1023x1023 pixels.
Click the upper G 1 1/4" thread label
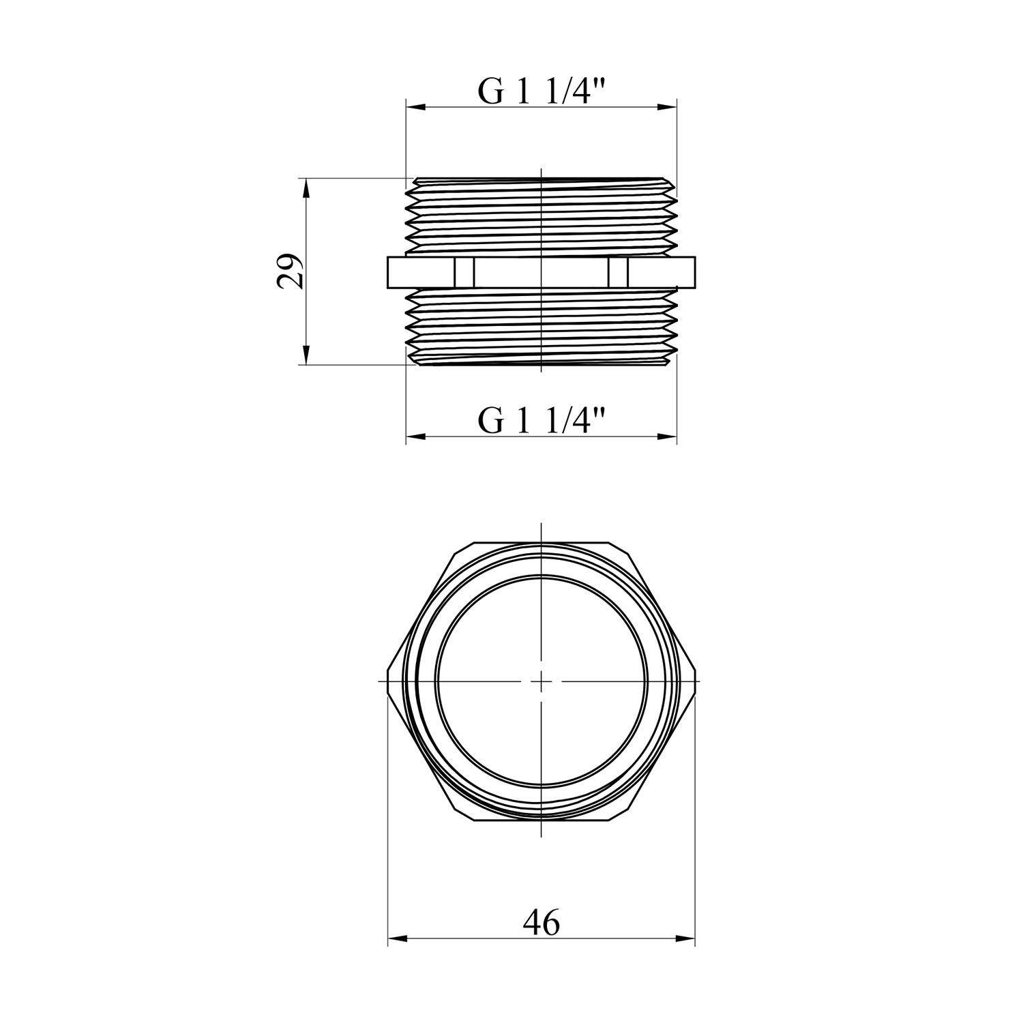[542, 91]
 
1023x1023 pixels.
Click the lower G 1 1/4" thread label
[542, 421]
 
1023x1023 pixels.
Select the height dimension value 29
[290, 271]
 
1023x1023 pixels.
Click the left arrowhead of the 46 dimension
[397, 939]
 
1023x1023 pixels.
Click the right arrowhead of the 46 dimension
[685, 939]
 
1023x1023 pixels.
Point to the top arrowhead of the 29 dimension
[306, 188]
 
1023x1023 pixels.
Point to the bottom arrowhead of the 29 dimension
[306, 355]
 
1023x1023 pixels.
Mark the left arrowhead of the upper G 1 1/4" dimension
[416, 107]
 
